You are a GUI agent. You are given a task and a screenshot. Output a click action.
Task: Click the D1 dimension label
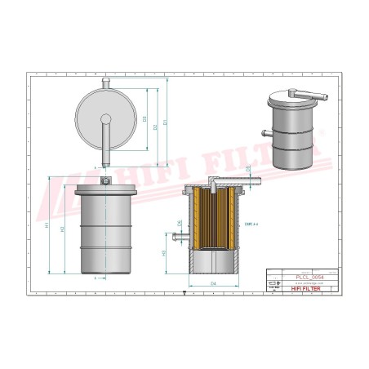pyautogui.click(x=166, y=122)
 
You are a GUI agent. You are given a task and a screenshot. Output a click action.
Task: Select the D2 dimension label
pyautogui.click(x=157, y=127)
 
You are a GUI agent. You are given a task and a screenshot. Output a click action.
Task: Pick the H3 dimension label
pyautogui.click(x=167, y=254)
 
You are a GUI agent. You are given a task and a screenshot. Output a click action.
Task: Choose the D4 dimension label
pyautogui.click(x=214, y=283)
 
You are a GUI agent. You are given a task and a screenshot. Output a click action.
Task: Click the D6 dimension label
pyautogui.click(x=180, y=223)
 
